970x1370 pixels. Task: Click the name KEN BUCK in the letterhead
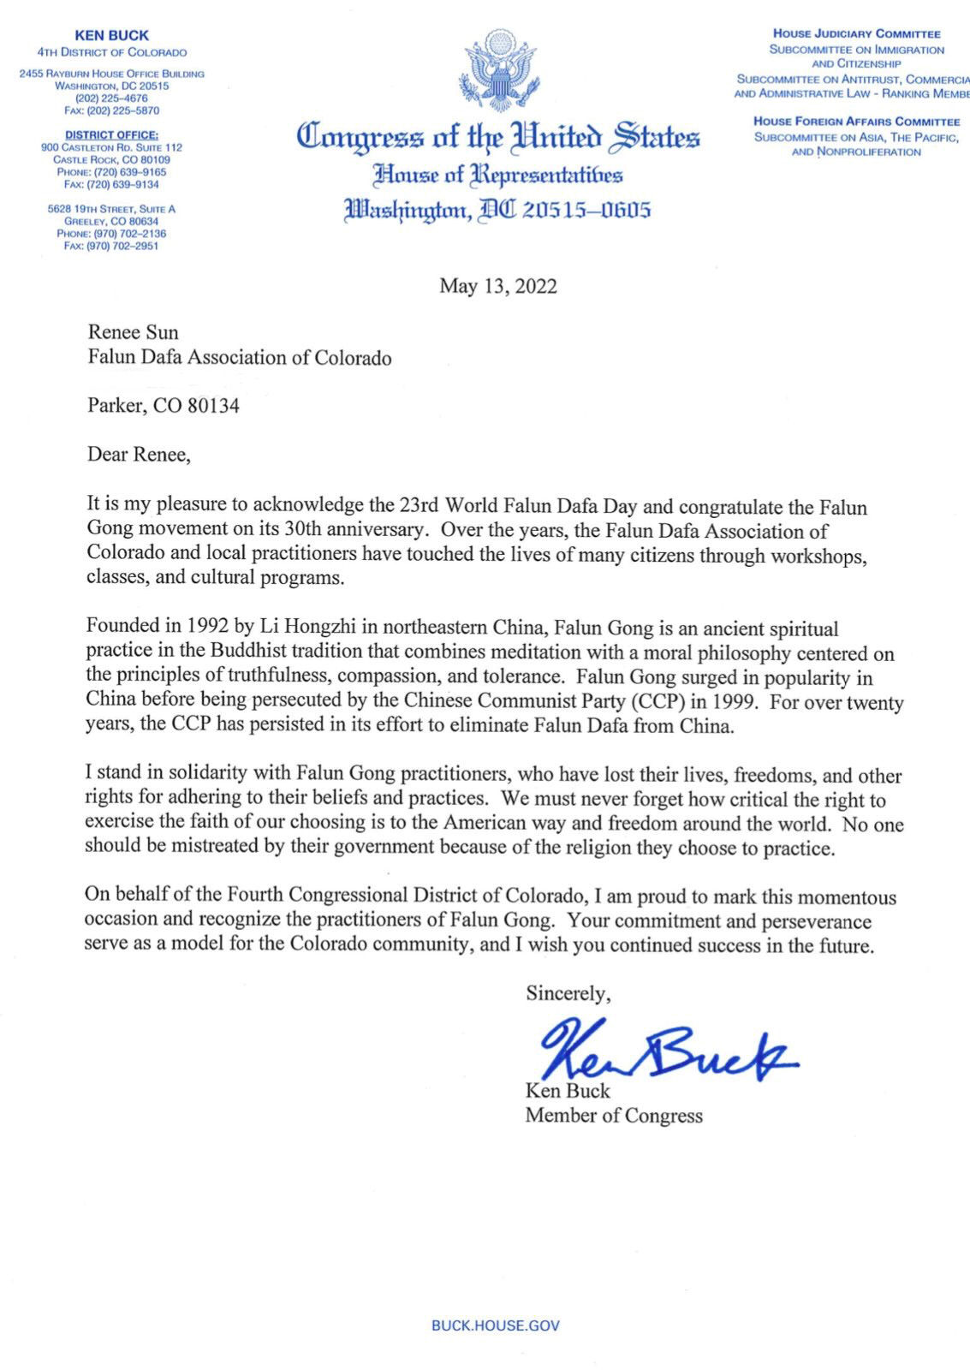point(111,36)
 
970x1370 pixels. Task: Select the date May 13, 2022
point(498,286)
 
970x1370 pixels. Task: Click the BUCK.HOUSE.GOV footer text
point(496,1325)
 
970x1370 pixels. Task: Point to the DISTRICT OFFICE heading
point(111,135)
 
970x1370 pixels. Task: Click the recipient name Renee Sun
point(133,332)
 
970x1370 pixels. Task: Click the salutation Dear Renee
point(139,455)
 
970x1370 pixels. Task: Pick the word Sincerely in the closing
point(568,993)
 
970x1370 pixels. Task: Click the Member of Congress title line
point(614,1116)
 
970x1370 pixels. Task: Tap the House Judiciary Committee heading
point(856,34)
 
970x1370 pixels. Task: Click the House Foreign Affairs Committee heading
point(856,122)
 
